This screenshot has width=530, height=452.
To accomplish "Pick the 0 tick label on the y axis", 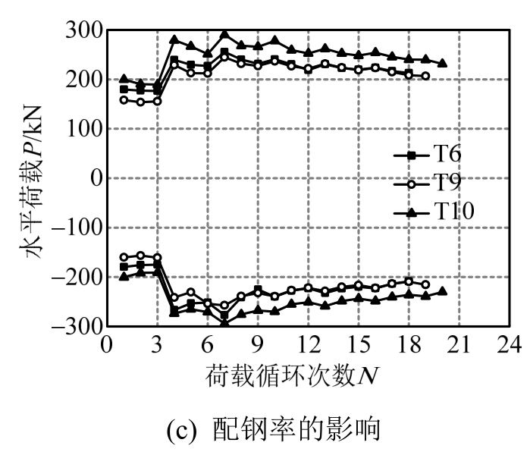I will point(94,178).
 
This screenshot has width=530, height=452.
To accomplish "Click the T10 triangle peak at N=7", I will point(224,34).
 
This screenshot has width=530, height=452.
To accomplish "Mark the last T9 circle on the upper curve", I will point(425,76).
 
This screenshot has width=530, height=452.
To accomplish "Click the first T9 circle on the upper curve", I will point(124,99).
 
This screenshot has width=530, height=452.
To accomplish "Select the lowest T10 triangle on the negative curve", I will point(224,324).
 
